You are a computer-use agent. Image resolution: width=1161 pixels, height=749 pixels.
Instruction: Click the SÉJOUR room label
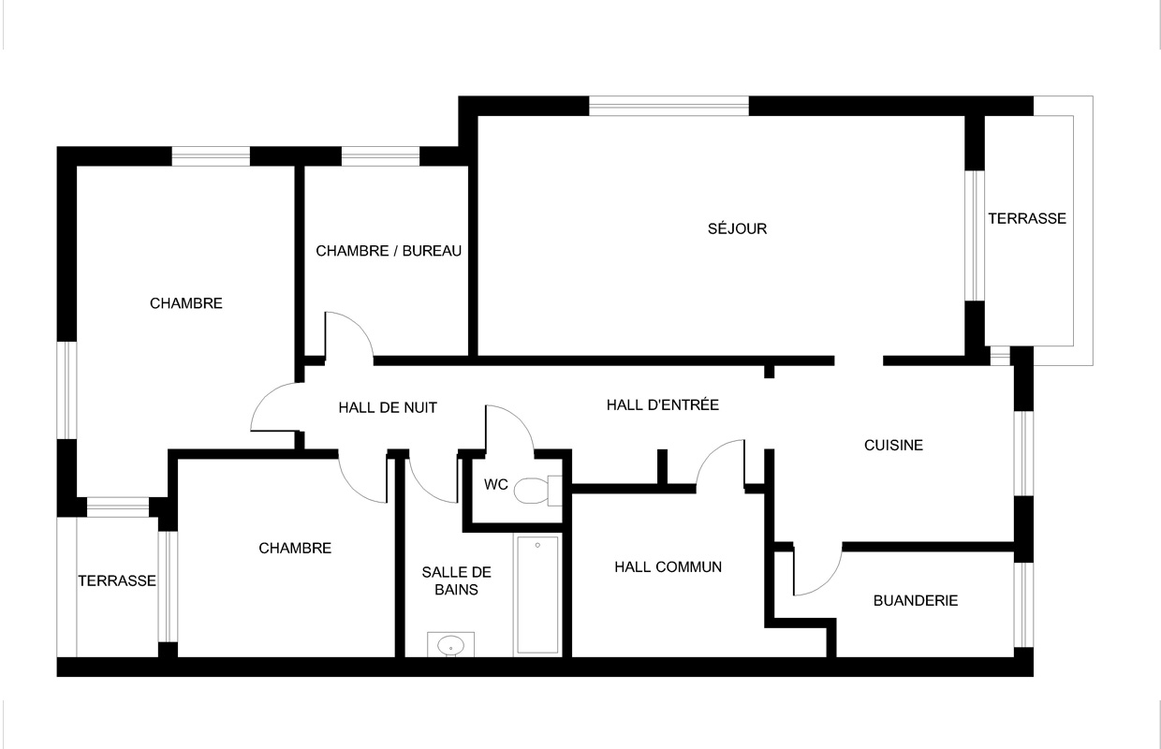click(x=737, y=228)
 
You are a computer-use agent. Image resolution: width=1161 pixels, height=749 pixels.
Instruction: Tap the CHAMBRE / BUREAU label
click(x=389, y=251)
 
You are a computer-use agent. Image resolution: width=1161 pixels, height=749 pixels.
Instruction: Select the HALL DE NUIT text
click(x=388, y=407)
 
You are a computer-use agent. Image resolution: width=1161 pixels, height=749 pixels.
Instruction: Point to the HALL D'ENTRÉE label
click(x=662, y=404)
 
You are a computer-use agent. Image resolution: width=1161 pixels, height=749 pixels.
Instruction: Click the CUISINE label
click(x=893, y=445)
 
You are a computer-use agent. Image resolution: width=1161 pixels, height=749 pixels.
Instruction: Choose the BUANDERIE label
click(x=916, y=600)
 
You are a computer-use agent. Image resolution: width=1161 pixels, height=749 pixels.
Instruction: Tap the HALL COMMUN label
click(x=669, y=566)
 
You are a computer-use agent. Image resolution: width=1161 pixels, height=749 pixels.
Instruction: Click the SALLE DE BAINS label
click(x=456, y=580)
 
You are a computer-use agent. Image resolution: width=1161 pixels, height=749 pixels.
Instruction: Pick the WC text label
click(x=496, y=484)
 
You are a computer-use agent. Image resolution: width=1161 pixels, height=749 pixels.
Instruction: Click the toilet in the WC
click(x=538, y=491)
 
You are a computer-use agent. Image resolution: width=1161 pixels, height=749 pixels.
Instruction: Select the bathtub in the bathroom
click(x=538, y=595)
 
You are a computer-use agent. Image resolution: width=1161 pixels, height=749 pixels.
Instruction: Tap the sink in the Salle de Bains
click(x=450, y=645)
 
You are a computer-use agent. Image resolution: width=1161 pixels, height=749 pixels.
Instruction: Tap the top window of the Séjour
click(x=669, y=106)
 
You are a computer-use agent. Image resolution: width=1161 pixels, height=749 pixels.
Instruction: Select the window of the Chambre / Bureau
click(x=380, y=156)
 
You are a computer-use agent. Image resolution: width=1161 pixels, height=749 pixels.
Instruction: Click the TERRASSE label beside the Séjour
click(x=1027, y=218)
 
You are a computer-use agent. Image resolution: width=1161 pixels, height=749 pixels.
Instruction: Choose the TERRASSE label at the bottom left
click(x=117, y=580)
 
